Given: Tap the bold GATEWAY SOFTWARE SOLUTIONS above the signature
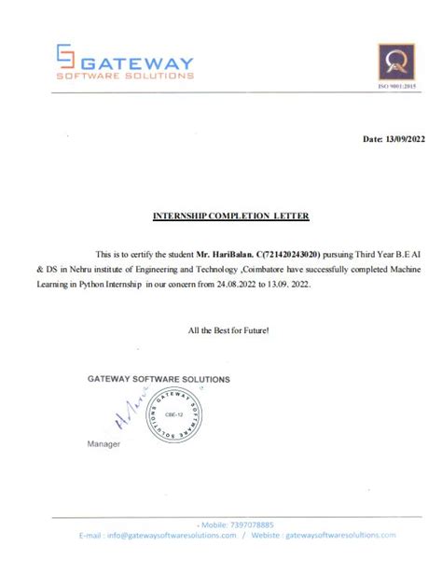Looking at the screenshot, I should click(158, 379).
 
